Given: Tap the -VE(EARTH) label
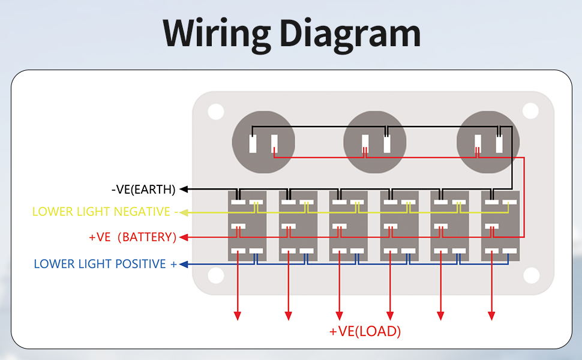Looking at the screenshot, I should coord(143,190).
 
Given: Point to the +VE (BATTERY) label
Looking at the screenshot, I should coord(133,237).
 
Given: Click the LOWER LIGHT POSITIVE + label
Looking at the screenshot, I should coord(106,264).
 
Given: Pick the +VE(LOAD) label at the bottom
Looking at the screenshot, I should coord(365,331).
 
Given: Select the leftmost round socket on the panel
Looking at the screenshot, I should coord(263,142).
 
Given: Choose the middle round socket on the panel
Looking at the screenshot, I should coord(374,142).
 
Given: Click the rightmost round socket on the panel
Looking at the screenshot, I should coord(488,142).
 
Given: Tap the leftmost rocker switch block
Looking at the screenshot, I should coord(248,226).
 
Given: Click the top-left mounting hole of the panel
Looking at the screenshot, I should coord(216,111).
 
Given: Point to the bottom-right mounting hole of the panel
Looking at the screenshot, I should coord(530,275).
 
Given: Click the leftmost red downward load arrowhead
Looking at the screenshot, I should coord(238,315).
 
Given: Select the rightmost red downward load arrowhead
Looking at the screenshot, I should coord(491,315).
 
